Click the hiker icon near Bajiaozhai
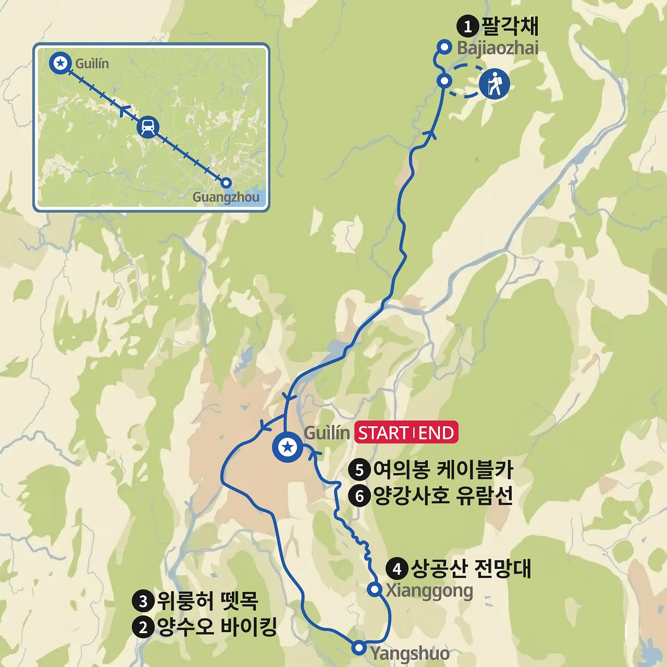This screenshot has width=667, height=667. click(x=494, y=83)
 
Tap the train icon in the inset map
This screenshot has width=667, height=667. click(x=148, y=127)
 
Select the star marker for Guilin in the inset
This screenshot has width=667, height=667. click(x=61, y=63)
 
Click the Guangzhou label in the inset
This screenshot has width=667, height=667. click(x=226, y=197)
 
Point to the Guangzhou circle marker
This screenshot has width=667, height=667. click(x=226, y=183)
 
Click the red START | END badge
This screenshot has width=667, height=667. click(x=406, y=433)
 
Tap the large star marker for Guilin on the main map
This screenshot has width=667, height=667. click(x=288, y=447)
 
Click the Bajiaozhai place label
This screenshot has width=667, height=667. click(x=498, y=48)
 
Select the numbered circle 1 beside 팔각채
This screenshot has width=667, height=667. click(x=467, y=26)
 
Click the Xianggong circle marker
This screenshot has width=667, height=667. click(x=374, y=589)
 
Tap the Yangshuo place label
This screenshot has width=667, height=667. click(x=410, y=653)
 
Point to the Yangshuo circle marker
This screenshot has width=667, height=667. click(x=359, y=648)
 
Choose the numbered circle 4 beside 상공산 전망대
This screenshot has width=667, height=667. click(x=397, y=569)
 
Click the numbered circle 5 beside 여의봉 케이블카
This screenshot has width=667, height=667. click(x=359, y=470)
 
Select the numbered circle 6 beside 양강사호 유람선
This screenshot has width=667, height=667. click(x=359, y=496)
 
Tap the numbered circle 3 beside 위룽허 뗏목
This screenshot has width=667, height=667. click(x=143, y=601)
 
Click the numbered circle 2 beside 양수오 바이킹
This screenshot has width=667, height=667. click(x=143, y=627)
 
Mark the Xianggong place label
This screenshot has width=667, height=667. click(x=429, y=591)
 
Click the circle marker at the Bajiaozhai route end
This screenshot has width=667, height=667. click(x=444, y=47)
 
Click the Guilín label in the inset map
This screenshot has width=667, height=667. click(x=92, y=64)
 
